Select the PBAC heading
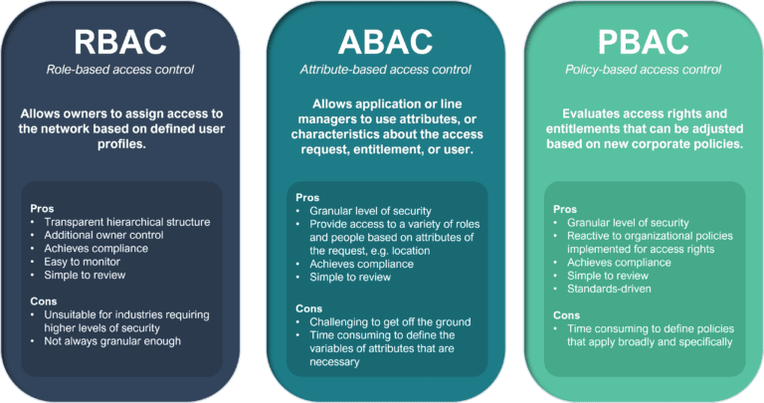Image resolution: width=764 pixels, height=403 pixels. point(644,41)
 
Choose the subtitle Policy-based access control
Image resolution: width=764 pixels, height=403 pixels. point(644,70)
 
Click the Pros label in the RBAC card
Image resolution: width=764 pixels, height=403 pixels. point(44,208)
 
